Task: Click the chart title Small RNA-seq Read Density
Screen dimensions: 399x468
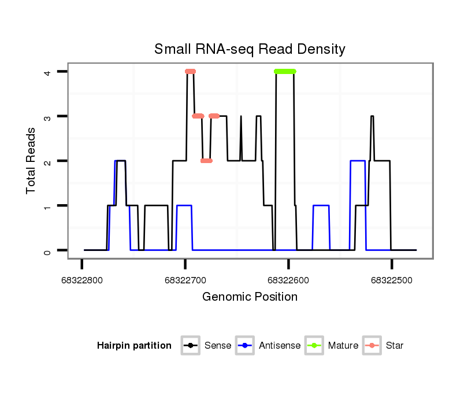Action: (250, 49)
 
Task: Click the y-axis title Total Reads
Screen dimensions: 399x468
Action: (32, 161)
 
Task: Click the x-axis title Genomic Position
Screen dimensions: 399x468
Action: (250, 297)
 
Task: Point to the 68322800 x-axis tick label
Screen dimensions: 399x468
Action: (81, 280)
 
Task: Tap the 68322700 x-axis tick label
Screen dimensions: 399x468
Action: (185, 280)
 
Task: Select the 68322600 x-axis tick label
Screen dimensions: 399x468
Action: (288, 280)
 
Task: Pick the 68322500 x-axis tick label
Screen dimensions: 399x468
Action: (392, 280)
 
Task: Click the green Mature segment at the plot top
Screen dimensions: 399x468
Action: (285, 71)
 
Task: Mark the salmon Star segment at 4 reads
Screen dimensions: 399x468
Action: (191, 71)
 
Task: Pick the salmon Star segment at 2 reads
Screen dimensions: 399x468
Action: (206, 160)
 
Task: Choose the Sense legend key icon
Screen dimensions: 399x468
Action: (190, 346)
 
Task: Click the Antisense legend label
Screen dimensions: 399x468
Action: (280, 346)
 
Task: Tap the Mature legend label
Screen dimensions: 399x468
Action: (343, 346)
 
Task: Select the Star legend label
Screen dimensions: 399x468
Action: (395, 346)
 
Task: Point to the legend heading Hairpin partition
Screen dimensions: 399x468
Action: (134, 346)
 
